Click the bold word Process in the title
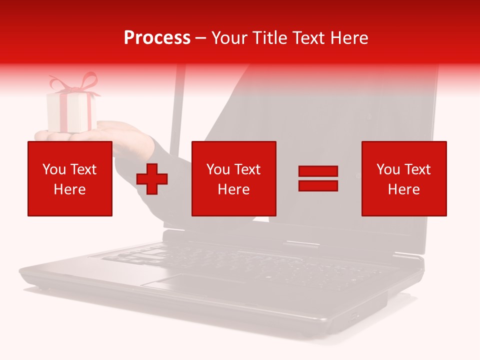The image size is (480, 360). tap(157, 38)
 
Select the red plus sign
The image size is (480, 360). tap(152, 178)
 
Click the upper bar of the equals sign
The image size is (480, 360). tap(318, 171)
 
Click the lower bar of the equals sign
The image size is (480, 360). tap(318, 185)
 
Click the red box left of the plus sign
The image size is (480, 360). tap(70, 178)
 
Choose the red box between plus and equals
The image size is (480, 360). tap(233, 178)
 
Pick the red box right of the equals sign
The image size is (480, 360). tap(404, 178)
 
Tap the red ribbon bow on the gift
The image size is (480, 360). tap(75, 83)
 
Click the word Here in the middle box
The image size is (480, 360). tap(233, 189)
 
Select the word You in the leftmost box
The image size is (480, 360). tap(54, 169)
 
